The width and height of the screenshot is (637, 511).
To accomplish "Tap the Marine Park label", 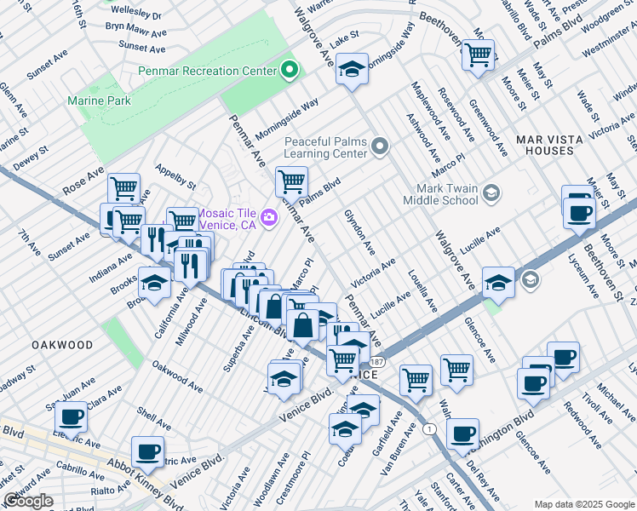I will coord(99,100).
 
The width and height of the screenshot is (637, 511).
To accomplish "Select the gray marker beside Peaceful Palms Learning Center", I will coord(381,147).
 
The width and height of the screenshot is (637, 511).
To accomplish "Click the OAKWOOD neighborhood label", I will coord(62,345).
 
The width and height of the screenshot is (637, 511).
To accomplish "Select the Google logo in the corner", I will coord(28,501).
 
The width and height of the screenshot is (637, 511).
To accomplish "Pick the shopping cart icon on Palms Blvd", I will coord(291,181).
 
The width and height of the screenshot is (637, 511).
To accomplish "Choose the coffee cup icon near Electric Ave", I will coord(72,417).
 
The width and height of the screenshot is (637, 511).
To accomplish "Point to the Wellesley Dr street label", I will coord(134,15).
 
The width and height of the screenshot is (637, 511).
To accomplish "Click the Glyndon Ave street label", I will coord(359,231).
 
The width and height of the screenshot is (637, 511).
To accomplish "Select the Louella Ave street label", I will coord(422,290).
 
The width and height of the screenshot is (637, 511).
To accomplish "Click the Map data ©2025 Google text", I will coord(583,503).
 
